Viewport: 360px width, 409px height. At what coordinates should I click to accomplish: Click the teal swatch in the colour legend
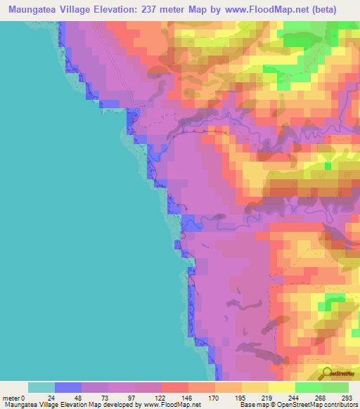pyautogui.click(x=41, y=387)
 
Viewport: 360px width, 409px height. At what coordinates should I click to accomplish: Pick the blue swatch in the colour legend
pyautogui.click(x=67, y=387)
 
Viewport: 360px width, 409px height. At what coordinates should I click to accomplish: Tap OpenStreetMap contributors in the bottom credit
pyautogui.click(x=323, y=405)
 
